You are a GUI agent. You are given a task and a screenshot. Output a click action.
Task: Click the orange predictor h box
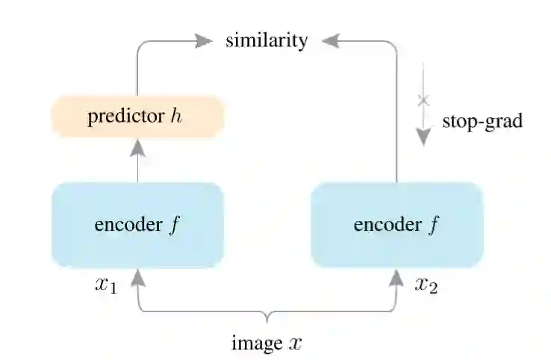137,118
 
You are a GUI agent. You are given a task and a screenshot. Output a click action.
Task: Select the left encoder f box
137,225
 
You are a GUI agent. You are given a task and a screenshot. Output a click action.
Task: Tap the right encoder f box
396,225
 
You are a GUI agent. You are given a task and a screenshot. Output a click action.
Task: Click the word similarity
267,40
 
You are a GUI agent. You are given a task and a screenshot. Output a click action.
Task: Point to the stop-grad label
482,121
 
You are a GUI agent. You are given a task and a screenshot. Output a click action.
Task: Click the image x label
267,343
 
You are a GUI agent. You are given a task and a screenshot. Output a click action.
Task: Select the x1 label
105,285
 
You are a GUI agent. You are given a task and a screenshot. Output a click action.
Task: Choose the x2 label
426,285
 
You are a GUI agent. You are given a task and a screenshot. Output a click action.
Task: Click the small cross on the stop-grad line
423,99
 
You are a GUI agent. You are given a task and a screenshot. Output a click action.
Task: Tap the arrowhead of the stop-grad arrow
423,136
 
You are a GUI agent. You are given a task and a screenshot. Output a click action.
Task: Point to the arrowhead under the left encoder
137,279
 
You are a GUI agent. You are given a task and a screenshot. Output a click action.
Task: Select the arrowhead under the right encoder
396,279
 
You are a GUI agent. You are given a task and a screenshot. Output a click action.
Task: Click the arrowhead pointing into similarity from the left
204,40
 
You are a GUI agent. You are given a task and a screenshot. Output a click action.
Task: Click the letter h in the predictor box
176,117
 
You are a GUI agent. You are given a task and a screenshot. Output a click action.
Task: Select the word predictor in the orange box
123,118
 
